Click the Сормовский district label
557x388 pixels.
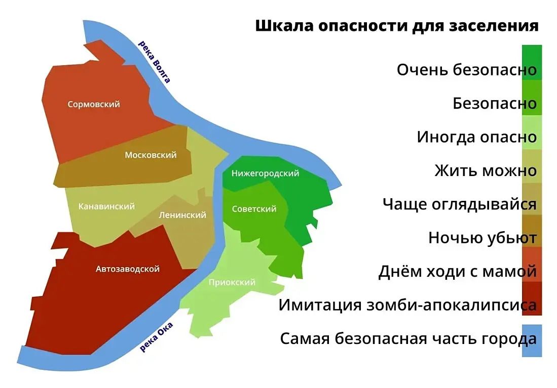[x=94, y=104]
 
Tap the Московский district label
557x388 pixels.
[x=151, y=155]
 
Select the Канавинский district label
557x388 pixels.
[x=106, y=206]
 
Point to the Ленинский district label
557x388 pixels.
[x=182, y=215]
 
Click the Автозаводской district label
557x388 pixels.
[x=128, y=269]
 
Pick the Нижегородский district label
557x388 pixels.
[x=266, y=174]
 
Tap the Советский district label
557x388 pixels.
[x=254, y=209]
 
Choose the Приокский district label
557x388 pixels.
[x=232, y=282]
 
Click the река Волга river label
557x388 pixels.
[x=154, y=62]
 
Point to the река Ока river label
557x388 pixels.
[x=156, y=337]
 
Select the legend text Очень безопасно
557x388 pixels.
[x=466, y=69]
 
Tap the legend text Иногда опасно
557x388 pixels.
[x=476, y=137]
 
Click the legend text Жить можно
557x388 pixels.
[x=485, y=170]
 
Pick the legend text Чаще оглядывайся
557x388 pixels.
[x=459, y=204]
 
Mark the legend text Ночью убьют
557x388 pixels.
[x=482, y=238]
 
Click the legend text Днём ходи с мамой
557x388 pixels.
[x=457, y=271]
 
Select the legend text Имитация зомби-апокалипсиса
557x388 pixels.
[x=407, y=305]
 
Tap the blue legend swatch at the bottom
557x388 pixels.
[x=532, y=340]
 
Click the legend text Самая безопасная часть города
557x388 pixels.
[x=408, y=338]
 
